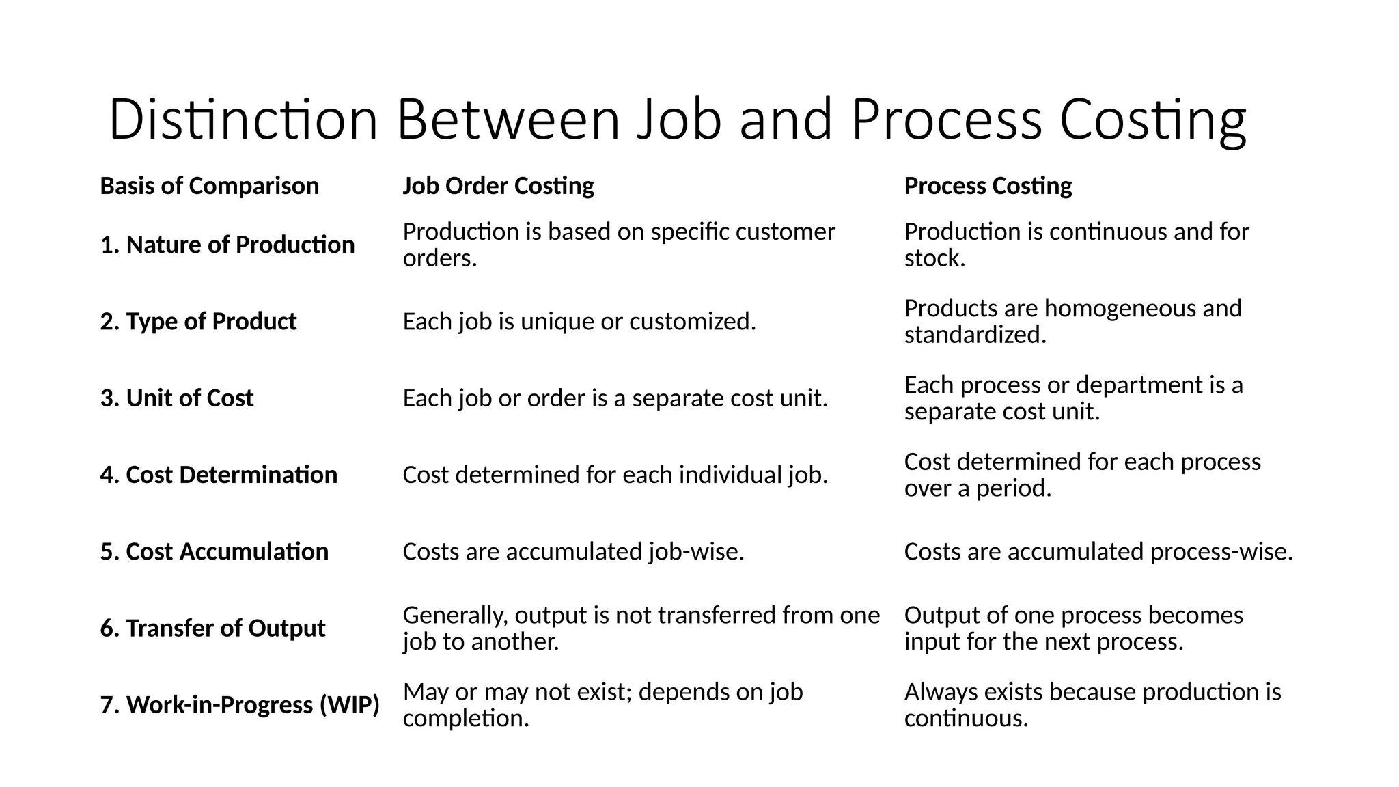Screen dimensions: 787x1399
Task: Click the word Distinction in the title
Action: [x=243, y=120]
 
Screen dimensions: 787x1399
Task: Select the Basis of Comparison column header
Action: [x=209, y=186]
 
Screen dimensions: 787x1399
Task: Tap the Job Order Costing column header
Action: [x=498, y=186]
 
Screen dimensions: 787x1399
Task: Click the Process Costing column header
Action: [x=988, y=186]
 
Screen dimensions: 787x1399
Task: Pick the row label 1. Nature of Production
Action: [x=227, y=245]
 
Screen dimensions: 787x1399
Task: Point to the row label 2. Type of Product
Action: [x=198, y=321]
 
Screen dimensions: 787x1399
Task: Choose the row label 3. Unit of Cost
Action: [x=176, y=398]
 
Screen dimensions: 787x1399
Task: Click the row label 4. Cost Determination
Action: [x=219, y=475]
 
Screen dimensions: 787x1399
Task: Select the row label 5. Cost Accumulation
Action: [x=214, y=551]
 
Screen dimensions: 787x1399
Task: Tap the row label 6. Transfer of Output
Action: [x=212, y=629]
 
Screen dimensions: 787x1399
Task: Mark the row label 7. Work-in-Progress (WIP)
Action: [x=239, y=705]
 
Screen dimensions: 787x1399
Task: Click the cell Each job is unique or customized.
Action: [x=579, y=321]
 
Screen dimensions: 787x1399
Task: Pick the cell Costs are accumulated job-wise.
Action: [x=573, y=551]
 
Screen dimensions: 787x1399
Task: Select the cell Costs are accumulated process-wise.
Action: [x=1098, y=551]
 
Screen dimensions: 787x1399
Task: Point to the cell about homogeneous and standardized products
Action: [x=1072, y=321]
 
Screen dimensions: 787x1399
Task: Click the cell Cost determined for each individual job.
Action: [x=615, y=475]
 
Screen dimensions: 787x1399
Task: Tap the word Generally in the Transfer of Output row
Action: [x=455, y=616]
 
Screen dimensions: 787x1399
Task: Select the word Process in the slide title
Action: [x=946, y=120]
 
